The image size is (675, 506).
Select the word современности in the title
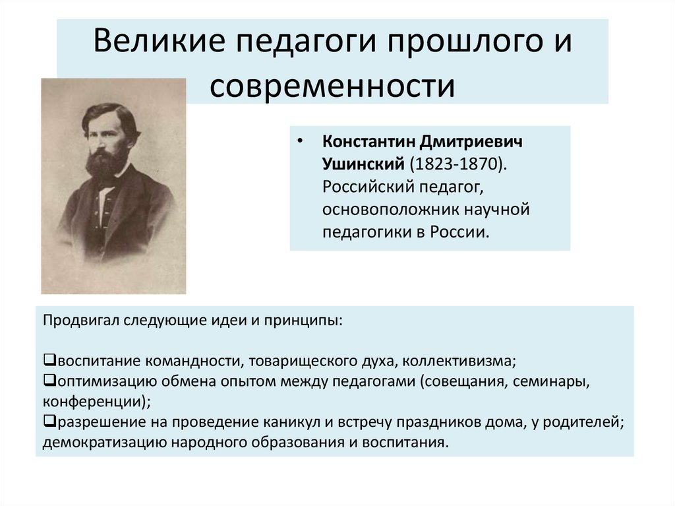click(x=332, y=86)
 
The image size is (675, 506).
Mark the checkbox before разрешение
click(x=49, y=422)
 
